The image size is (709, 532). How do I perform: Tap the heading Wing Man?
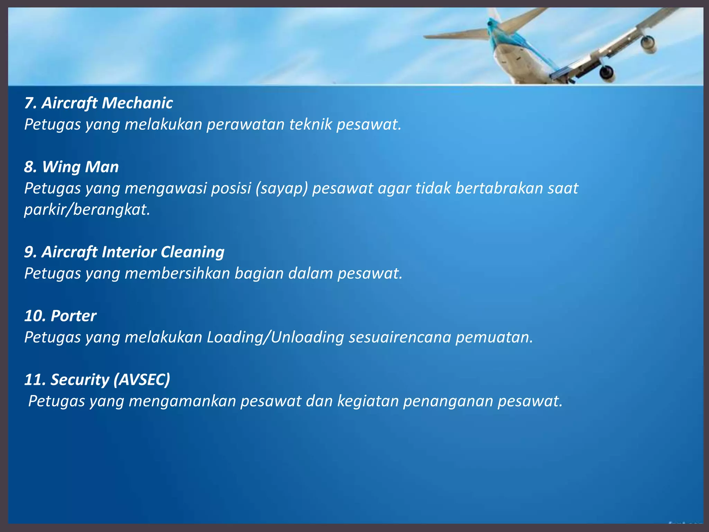point(71,167)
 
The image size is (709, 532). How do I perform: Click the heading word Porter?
point(73,316)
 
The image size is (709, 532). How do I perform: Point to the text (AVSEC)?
point(142,380)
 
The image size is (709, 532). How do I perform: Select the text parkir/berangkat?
point(87,210)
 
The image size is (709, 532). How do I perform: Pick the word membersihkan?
point(177,273)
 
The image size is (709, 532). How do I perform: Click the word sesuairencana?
point(400,337)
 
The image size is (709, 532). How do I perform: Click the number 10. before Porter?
point(35,316)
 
